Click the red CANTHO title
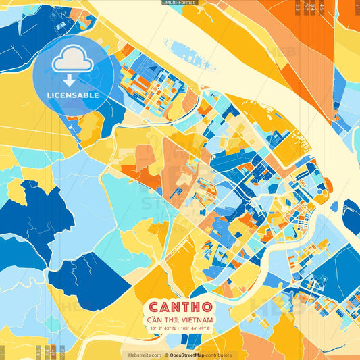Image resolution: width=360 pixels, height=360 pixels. (x=180, y=307)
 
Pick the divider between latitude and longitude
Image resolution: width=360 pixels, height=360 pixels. (x=179, y=328)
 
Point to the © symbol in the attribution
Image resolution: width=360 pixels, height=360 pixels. (x=165, y=355)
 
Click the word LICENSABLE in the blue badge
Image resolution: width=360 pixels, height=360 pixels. (x=73, y=95)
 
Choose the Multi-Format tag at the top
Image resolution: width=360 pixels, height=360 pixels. (x=180, y=3)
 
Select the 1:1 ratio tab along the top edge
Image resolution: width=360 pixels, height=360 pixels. (x=357, y=7)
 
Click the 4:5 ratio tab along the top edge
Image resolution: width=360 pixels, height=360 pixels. (x=322, y=7)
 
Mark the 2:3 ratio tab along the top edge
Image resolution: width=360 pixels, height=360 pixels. (x=298, y=7)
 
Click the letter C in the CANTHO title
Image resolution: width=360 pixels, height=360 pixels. (x=153, y=307)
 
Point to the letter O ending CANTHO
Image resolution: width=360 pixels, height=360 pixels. (x=207, y=307)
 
